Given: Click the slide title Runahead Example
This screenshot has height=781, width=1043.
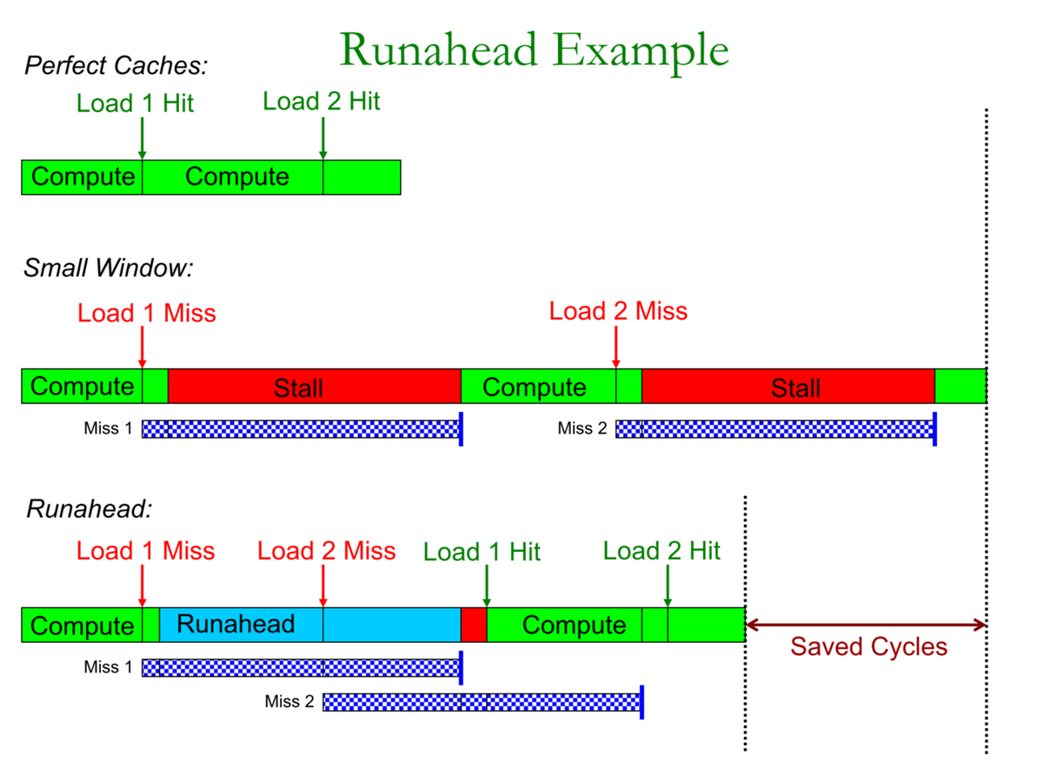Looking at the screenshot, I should point(534,50).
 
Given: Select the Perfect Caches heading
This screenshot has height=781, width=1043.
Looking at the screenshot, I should point(116,65).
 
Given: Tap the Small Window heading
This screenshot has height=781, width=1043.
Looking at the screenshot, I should point(108,268).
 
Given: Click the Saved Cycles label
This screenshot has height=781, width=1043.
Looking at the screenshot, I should point(868,647).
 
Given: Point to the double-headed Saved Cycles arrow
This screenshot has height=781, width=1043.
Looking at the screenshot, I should point(866,625).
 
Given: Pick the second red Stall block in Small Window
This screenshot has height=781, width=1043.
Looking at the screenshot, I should point(787,387).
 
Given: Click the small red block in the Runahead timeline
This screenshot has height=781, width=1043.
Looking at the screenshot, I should point(474,625).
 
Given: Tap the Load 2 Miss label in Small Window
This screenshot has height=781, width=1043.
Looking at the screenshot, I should point(618,311).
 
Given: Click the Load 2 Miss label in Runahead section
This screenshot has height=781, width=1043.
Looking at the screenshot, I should point(327,551).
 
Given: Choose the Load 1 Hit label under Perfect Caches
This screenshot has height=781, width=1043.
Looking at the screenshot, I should point(135,103).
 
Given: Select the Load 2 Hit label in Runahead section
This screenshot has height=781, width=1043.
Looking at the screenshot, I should point(661,551).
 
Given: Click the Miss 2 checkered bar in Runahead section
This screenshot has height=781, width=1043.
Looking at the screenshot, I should point(481,702).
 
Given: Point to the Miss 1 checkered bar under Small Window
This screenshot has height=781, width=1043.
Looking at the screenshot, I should point(300,428).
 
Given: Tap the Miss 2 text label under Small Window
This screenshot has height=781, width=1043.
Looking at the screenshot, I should point(581,428).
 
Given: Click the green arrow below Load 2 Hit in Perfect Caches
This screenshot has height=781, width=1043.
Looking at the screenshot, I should point(322,138).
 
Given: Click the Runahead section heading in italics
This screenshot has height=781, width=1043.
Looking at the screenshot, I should point(90,509).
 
